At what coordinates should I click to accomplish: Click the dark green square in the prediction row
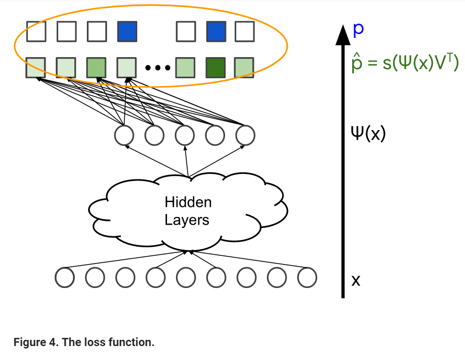pyautogui.click(x=215, y=67)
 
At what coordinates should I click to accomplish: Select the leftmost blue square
pyautogui.click(x=127, y=32)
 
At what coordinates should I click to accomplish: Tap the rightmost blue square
pyautogui.click(x=215, y=32)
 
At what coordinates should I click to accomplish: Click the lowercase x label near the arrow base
pyautogui.click(x=356, y=280)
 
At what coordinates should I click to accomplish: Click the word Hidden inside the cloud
pyautogui.click(x=188, y=202)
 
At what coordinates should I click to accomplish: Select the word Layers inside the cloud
pyautogui.click(x=187, y=220)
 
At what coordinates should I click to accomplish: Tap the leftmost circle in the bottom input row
pyautogui.click(x=65, y=277)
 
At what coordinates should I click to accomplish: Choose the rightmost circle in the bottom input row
pyautogui.click(x=307, y=277)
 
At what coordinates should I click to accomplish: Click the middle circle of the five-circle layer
pyautogui.click(x=185, y=136)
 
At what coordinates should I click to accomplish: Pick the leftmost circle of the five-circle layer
pyautogui.click(x=124, y=136)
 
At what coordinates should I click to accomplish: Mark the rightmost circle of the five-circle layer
pyautogui.click(x=245, y=136)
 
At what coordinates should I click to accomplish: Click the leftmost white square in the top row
pyautogui.click(x=36, y=32)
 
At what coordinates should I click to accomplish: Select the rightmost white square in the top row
pyautogui.click(x=244, y=32)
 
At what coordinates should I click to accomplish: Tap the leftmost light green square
pyautogui.click(x=36, y=67)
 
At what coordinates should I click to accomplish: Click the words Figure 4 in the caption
pyautogui.click(x=33, y=343)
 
